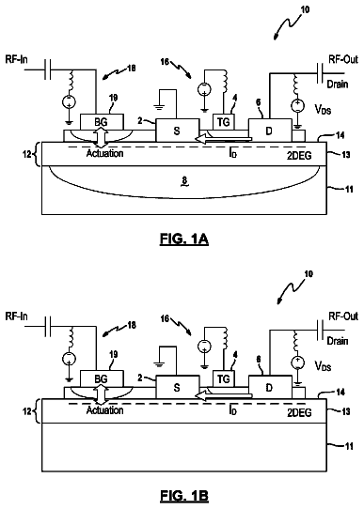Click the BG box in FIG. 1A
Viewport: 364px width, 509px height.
point(102,122)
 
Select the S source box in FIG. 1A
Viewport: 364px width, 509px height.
point(177,131)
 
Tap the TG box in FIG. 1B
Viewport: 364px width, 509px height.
point(223,378)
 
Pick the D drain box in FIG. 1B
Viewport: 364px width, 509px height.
point(270,387)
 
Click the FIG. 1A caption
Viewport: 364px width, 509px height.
point(184,239)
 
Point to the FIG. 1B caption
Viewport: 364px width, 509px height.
point(184,496)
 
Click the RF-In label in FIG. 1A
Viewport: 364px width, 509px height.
point(16,60)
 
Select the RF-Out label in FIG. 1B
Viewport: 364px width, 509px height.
point(343,316)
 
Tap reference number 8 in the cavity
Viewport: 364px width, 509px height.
point(184,181)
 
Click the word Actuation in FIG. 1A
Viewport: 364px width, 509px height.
point(104,153)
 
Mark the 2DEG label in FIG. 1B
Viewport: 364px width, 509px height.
point(299,412)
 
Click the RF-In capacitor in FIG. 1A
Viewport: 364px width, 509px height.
point(47,69)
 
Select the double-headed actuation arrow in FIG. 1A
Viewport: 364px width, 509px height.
point(102,139)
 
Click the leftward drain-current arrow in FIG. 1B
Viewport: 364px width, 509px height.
point(223,396)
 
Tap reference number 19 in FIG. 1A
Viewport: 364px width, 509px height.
point(113,98)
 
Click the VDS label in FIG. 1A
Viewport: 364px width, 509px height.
point(323,109)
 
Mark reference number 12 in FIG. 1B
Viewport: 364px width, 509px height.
point(27,411)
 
